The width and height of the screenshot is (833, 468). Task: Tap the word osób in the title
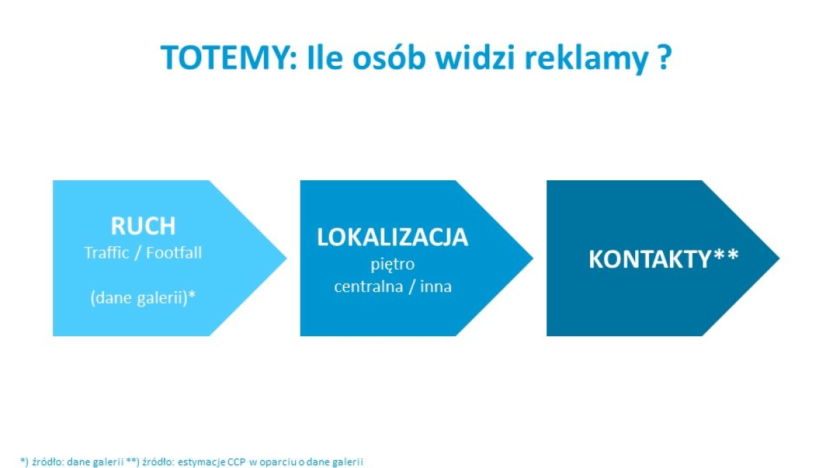click(x=389, y=58)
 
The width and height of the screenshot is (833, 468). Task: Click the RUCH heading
click(x=143, y=225)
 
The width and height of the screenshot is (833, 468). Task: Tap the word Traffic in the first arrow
click(x=107, y=253)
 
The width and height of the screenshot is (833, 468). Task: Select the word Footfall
click(x=174, y=252)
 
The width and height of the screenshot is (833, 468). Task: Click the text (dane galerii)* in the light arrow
click(x=143, y=298)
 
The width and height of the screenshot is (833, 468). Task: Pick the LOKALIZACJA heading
click(x=393, y=237)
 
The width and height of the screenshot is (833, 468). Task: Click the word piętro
click(x=393, y=265)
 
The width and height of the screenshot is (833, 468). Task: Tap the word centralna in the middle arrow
click(x=369, y=286)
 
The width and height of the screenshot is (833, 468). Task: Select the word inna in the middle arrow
click(x=436, y=286)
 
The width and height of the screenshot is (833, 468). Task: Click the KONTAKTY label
click(x=650, y=259)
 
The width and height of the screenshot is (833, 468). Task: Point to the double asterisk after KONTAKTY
click(x=726, y=255)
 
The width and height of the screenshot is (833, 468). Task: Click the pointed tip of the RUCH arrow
click(x=287, y=258)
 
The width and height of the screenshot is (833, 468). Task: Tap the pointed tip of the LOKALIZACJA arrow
click(x=533, y=258)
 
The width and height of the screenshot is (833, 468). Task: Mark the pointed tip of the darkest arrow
click(x=780, y=258)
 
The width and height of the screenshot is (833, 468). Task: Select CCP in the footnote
click(x=237, y=462)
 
